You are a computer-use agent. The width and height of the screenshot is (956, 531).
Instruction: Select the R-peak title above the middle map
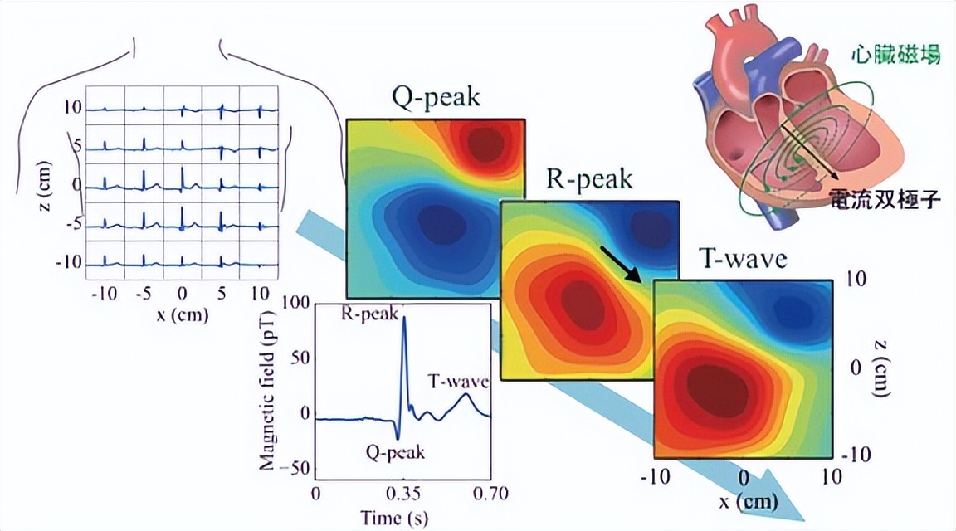point(589,179)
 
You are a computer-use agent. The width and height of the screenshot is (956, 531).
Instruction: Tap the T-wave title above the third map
point(741,260)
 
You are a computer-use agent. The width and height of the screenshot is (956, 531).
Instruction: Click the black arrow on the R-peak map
point(621,263)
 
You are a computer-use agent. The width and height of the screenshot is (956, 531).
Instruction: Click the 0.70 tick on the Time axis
point(489,494)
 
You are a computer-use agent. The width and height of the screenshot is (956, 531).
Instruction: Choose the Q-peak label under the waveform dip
point(394,452)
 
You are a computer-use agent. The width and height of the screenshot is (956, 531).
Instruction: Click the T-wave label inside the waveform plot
point(458,382)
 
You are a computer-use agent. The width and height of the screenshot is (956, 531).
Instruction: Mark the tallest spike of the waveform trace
point(404,319)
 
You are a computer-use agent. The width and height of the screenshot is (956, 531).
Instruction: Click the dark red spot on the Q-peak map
point(481,146)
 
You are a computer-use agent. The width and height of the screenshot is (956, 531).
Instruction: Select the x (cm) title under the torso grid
point(183,315)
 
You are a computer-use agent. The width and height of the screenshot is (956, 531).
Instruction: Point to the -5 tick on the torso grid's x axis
point(144,293)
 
